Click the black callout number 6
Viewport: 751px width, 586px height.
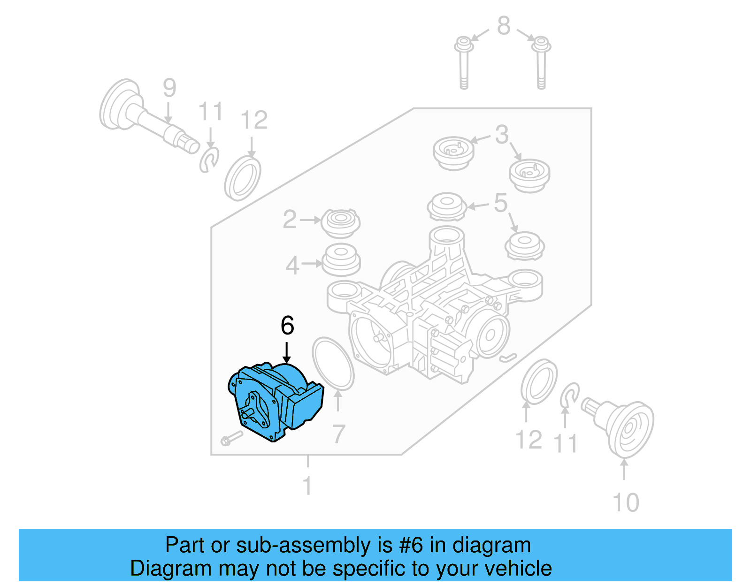click(287, 325)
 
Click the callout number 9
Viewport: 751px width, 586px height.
click(169, 88)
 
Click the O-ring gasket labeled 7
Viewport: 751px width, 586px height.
click(333, 364)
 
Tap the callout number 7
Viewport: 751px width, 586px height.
click(338, 434)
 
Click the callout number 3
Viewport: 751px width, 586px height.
click(502, 135)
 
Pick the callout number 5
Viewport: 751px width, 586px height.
click(500, 203)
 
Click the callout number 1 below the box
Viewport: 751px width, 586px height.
click(307, 486)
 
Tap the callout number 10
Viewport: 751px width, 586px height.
click(626, 502)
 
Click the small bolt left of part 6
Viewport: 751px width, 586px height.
click(231, 439)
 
